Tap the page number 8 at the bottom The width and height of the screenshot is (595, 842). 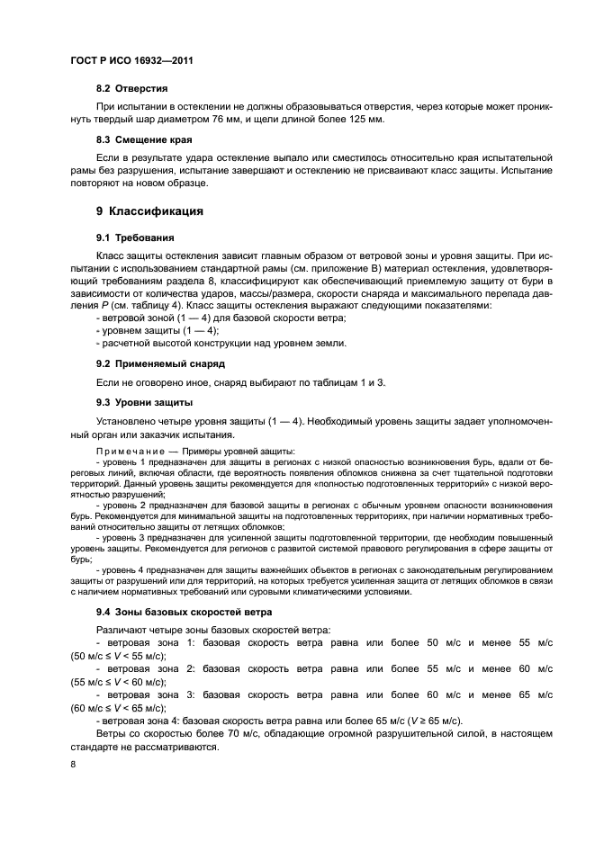74,764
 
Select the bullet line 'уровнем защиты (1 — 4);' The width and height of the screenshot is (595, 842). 143,331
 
